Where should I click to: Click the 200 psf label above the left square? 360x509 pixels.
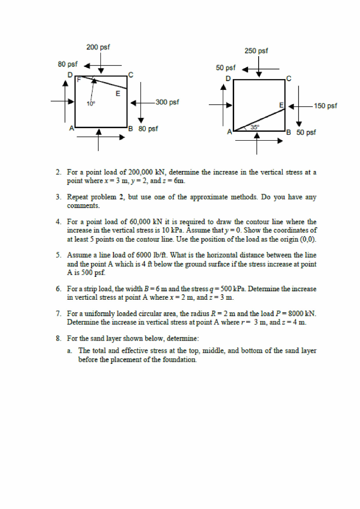tap(98, 47)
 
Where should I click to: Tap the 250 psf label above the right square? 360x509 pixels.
tap(256, 51)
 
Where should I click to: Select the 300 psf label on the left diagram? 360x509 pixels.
tap(167, 102)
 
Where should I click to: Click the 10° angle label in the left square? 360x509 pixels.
tap(90, 104)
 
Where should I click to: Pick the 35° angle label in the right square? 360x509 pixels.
tap(255, 127)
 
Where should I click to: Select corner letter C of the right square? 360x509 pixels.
tap(288, 79)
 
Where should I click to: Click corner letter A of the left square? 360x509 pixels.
tap(72, 129)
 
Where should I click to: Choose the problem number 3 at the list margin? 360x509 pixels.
tap(58, 197)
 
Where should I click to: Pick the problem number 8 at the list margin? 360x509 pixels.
tap(58, 339)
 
